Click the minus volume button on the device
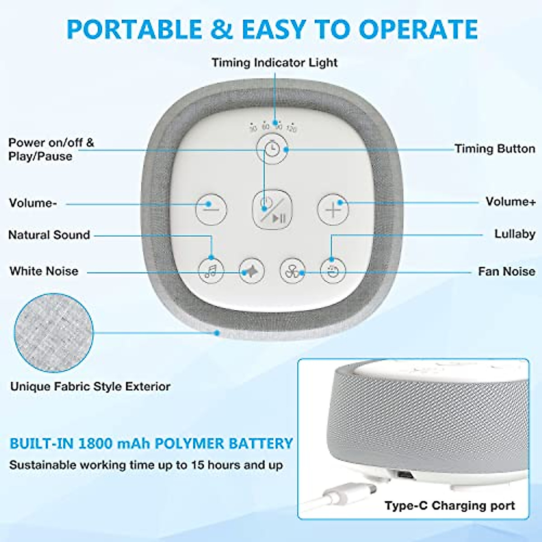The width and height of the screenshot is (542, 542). (x=210, y=209)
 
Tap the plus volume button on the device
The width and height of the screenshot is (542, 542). (x=333, y=210)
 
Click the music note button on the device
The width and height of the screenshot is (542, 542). (x=211, y=271)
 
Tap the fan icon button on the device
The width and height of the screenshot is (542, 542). (x=292, y=271)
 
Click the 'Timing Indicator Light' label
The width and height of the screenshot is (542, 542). (x=274, y=62)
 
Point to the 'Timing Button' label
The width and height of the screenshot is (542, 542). (x=495, y=149)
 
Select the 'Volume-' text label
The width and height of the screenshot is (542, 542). (x=33, y=203)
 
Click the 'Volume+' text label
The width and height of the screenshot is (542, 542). (x=510, y=201)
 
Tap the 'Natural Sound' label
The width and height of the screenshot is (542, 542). (x=49, y=235)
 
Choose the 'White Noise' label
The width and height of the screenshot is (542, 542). (x=44, y=271)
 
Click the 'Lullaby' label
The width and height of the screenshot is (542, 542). (x=514, y=234)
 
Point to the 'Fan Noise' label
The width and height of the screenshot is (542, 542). (x=506, y=271)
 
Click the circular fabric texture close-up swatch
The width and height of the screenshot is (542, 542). (x=53, y=333)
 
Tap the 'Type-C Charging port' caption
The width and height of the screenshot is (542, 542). (x=449, y=505)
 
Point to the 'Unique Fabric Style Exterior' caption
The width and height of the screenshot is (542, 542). (x=90, y=387)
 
